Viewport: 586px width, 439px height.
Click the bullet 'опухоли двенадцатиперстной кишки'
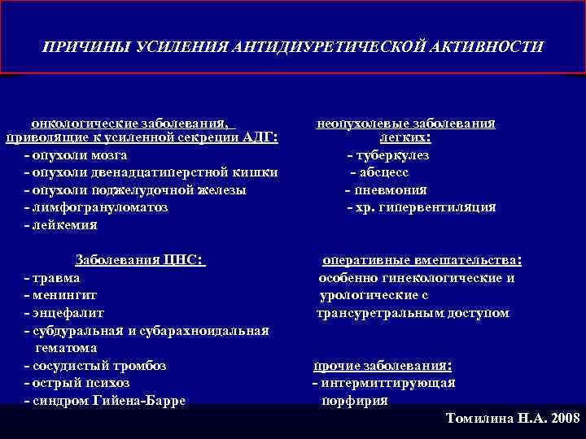click(152, 172)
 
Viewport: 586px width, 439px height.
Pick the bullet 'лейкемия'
click(67, 225)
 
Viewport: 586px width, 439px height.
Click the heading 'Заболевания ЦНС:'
click(139, 260)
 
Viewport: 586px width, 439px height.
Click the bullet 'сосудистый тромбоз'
click(95, 366)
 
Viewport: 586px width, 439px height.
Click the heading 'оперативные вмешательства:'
click(422, 260)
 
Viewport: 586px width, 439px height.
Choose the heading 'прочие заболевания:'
click(383, 366)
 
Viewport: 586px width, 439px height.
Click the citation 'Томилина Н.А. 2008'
click(514, 419)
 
